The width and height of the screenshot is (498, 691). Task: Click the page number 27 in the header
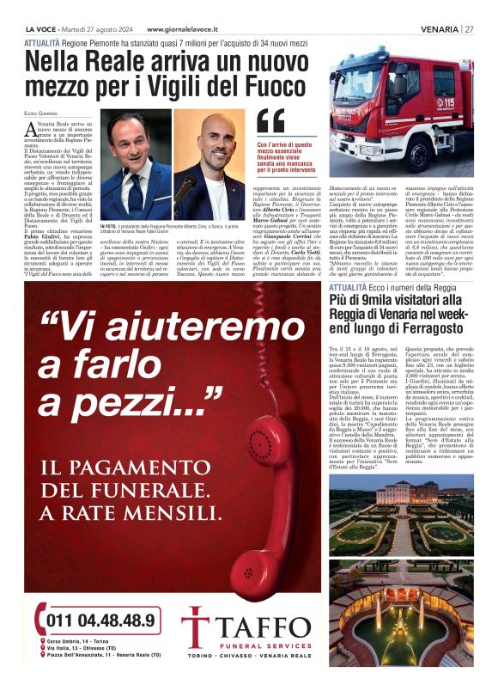pos(469,28)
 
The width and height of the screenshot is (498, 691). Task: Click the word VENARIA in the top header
pos(439,28)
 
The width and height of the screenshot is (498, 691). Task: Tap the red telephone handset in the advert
pos(262,533)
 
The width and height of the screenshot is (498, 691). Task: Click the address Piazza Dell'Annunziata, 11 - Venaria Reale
pos(107,665)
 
